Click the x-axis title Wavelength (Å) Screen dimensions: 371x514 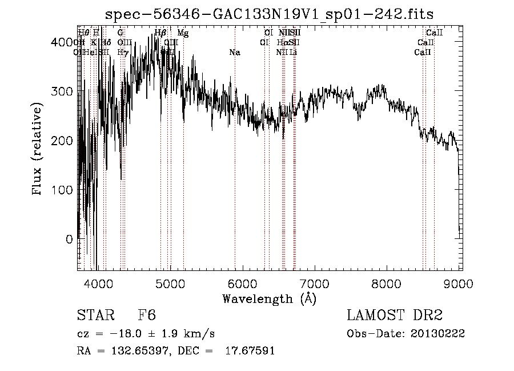tap(269, 298)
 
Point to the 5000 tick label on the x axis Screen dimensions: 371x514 tap(170, 283)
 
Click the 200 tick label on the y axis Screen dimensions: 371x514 tap(65, 141)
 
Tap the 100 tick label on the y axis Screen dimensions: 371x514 tap(65, 190)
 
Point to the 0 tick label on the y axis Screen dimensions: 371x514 tap(70, 239)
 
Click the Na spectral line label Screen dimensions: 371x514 tap(234, 53)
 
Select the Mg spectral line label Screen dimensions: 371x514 tap(183, 33)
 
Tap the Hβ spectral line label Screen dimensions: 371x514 tap(160, 33)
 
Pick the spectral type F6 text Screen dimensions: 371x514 tap(147, 316)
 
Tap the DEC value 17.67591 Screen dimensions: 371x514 tap(251, 351)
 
